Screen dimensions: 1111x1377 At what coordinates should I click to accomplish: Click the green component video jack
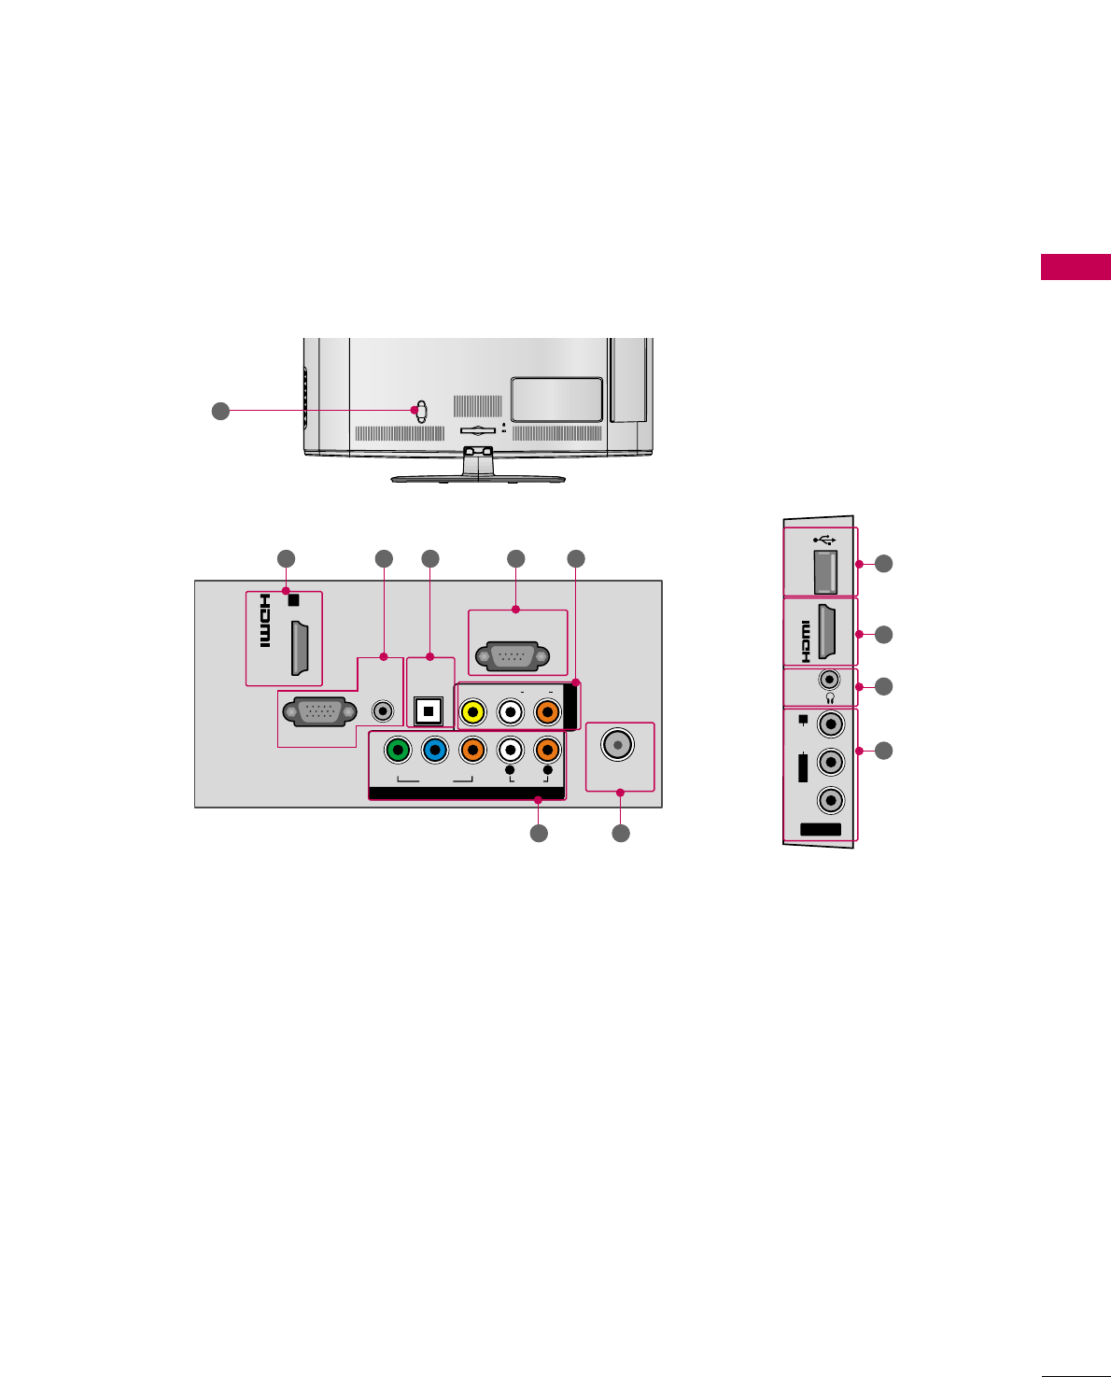[x=398, y=750]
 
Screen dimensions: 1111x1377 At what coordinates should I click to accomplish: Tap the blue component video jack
[x=435, y=750]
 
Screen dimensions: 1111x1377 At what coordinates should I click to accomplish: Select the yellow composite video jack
[x=473, y=713]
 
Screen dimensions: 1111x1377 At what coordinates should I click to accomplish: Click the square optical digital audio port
[x=429, y=711]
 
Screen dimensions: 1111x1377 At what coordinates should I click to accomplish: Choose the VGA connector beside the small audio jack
[x=319, y=712]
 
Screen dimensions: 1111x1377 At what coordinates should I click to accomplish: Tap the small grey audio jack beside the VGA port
[x=383, y=711]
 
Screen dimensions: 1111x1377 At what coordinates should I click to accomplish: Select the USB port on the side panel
[x=825, y=571]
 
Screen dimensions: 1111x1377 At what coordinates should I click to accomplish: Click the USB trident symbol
[x=823, y=540]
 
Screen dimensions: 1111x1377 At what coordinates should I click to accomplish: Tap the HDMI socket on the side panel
[x=827, y=633]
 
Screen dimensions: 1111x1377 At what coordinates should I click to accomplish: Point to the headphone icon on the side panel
[x=829, y=697]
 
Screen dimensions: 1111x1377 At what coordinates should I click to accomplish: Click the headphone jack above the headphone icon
[x=829, y=680]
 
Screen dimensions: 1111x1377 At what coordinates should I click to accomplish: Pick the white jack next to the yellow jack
[x=511, y=713]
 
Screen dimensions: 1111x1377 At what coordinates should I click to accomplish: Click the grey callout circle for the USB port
[x=883, y=564]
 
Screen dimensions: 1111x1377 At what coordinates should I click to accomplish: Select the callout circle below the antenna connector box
[x=621, y=833]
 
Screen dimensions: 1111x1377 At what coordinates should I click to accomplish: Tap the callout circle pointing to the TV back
[x=220, y=410]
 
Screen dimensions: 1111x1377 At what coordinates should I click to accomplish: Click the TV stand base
[x=478, y=478]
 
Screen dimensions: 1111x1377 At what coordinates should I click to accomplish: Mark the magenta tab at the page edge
[x=1076, y=267]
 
